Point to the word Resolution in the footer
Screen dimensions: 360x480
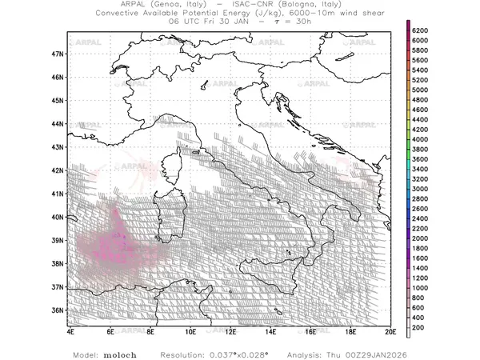181,354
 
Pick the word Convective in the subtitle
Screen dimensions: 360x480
120,14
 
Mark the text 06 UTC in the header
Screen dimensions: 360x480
182,22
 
